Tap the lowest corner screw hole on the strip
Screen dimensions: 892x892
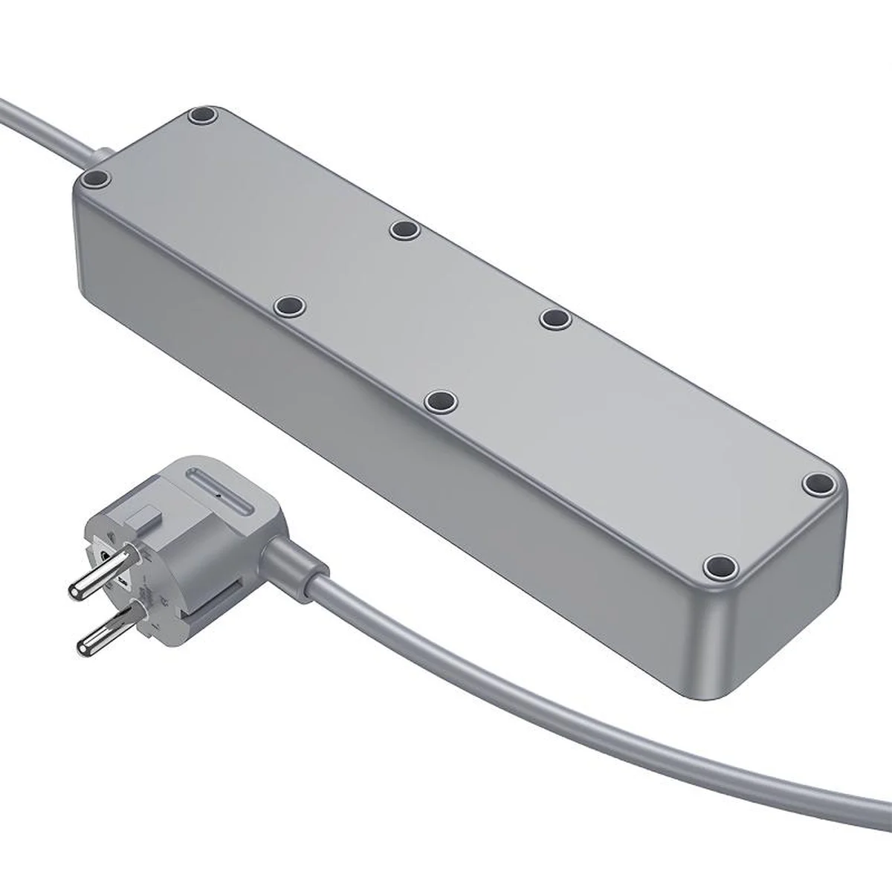[x=718, y=568]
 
